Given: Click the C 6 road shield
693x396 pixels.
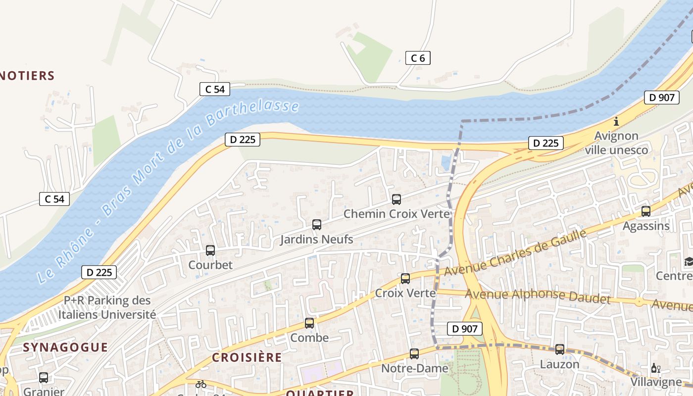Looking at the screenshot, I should [418, 58].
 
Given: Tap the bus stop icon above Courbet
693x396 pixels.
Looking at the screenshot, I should [210, 250].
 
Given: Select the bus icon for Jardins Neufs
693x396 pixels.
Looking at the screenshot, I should [317, 225].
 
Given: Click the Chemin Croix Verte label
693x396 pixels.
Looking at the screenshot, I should [397, 214].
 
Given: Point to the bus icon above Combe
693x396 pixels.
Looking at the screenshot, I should [309, 323].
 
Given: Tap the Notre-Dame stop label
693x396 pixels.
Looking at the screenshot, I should [414, 368].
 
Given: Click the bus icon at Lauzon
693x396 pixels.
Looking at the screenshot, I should [560, 349].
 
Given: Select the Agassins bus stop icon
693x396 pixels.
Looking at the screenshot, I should [646, 211].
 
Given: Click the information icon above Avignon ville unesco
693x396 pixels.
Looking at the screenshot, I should [616, 121].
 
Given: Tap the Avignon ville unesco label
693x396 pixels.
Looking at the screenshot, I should [616, 143].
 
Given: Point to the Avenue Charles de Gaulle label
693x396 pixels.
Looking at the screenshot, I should [515, 253].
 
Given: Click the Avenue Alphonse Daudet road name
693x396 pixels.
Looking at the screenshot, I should [538, 296].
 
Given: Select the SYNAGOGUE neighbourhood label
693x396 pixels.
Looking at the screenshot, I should [65, 347].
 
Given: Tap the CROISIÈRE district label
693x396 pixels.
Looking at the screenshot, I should [247, 357].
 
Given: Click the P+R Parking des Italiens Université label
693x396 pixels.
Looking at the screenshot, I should [107, 307].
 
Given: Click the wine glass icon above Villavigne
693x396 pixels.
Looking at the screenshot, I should [656, 368].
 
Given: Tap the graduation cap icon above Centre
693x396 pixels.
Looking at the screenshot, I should [689, 261].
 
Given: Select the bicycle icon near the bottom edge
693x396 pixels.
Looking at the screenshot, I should [200, 384].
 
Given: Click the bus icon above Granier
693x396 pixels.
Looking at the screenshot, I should [44, 378].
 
